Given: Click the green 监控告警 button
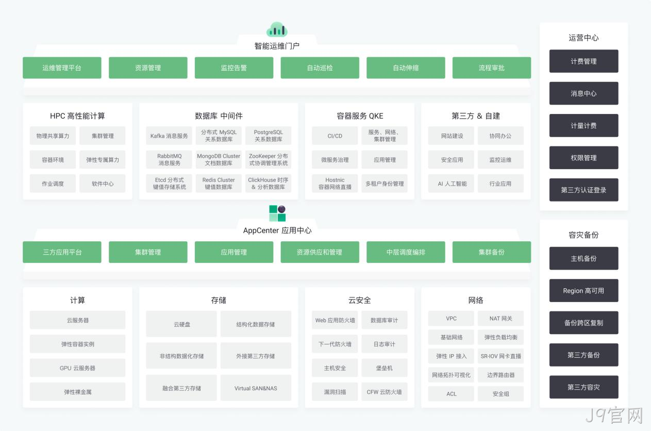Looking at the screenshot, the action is pyautogui.click(x=234, y=68).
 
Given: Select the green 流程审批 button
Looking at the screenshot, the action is pyautogui.click(x=492, y=68).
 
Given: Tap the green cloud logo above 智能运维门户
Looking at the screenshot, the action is pyautogui.click(x=277, y=29).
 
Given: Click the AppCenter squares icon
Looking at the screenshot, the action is pyautogui.click(x=277, y=213).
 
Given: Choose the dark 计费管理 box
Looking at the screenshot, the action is pyautogui.click(x=583, y=61).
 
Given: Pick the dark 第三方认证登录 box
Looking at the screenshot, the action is pyautogui.click(x=583, y=190).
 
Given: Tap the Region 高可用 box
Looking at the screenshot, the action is pyautogui.click(x=583, y=291).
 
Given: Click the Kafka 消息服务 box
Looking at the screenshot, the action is pyautogui.click(x=169, y=136).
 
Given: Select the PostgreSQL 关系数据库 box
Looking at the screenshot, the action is pyautogui.click(x=268, y=136).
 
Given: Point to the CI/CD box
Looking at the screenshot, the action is pyautogui.click(x=335, y=136).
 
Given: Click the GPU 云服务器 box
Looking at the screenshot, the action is pyautogui.click(x=78, y=368).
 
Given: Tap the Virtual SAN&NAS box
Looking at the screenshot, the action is pyautogui.click(x=256, y=388).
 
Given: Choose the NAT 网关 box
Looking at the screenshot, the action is pyautogui.click(x=500, y=319).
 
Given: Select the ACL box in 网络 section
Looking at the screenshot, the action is pyautogui.click(x=452, y=394).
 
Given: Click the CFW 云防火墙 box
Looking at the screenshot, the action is pyautogui.click(x=384, y=392).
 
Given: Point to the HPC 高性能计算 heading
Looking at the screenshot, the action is pyautogui.click(x=77, y=116).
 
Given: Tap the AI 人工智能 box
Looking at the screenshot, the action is pyautogui.click(x=452, y=184).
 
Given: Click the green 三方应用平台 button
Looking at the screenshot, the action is pyautogui.click(x=62, y=252).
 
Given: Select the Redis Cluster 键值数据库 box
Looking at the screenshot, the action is pyautogui.click(x=219, y=184).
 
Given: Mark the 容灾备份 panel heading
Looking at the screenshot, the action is pyautogui.click(x=583, y=235).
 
